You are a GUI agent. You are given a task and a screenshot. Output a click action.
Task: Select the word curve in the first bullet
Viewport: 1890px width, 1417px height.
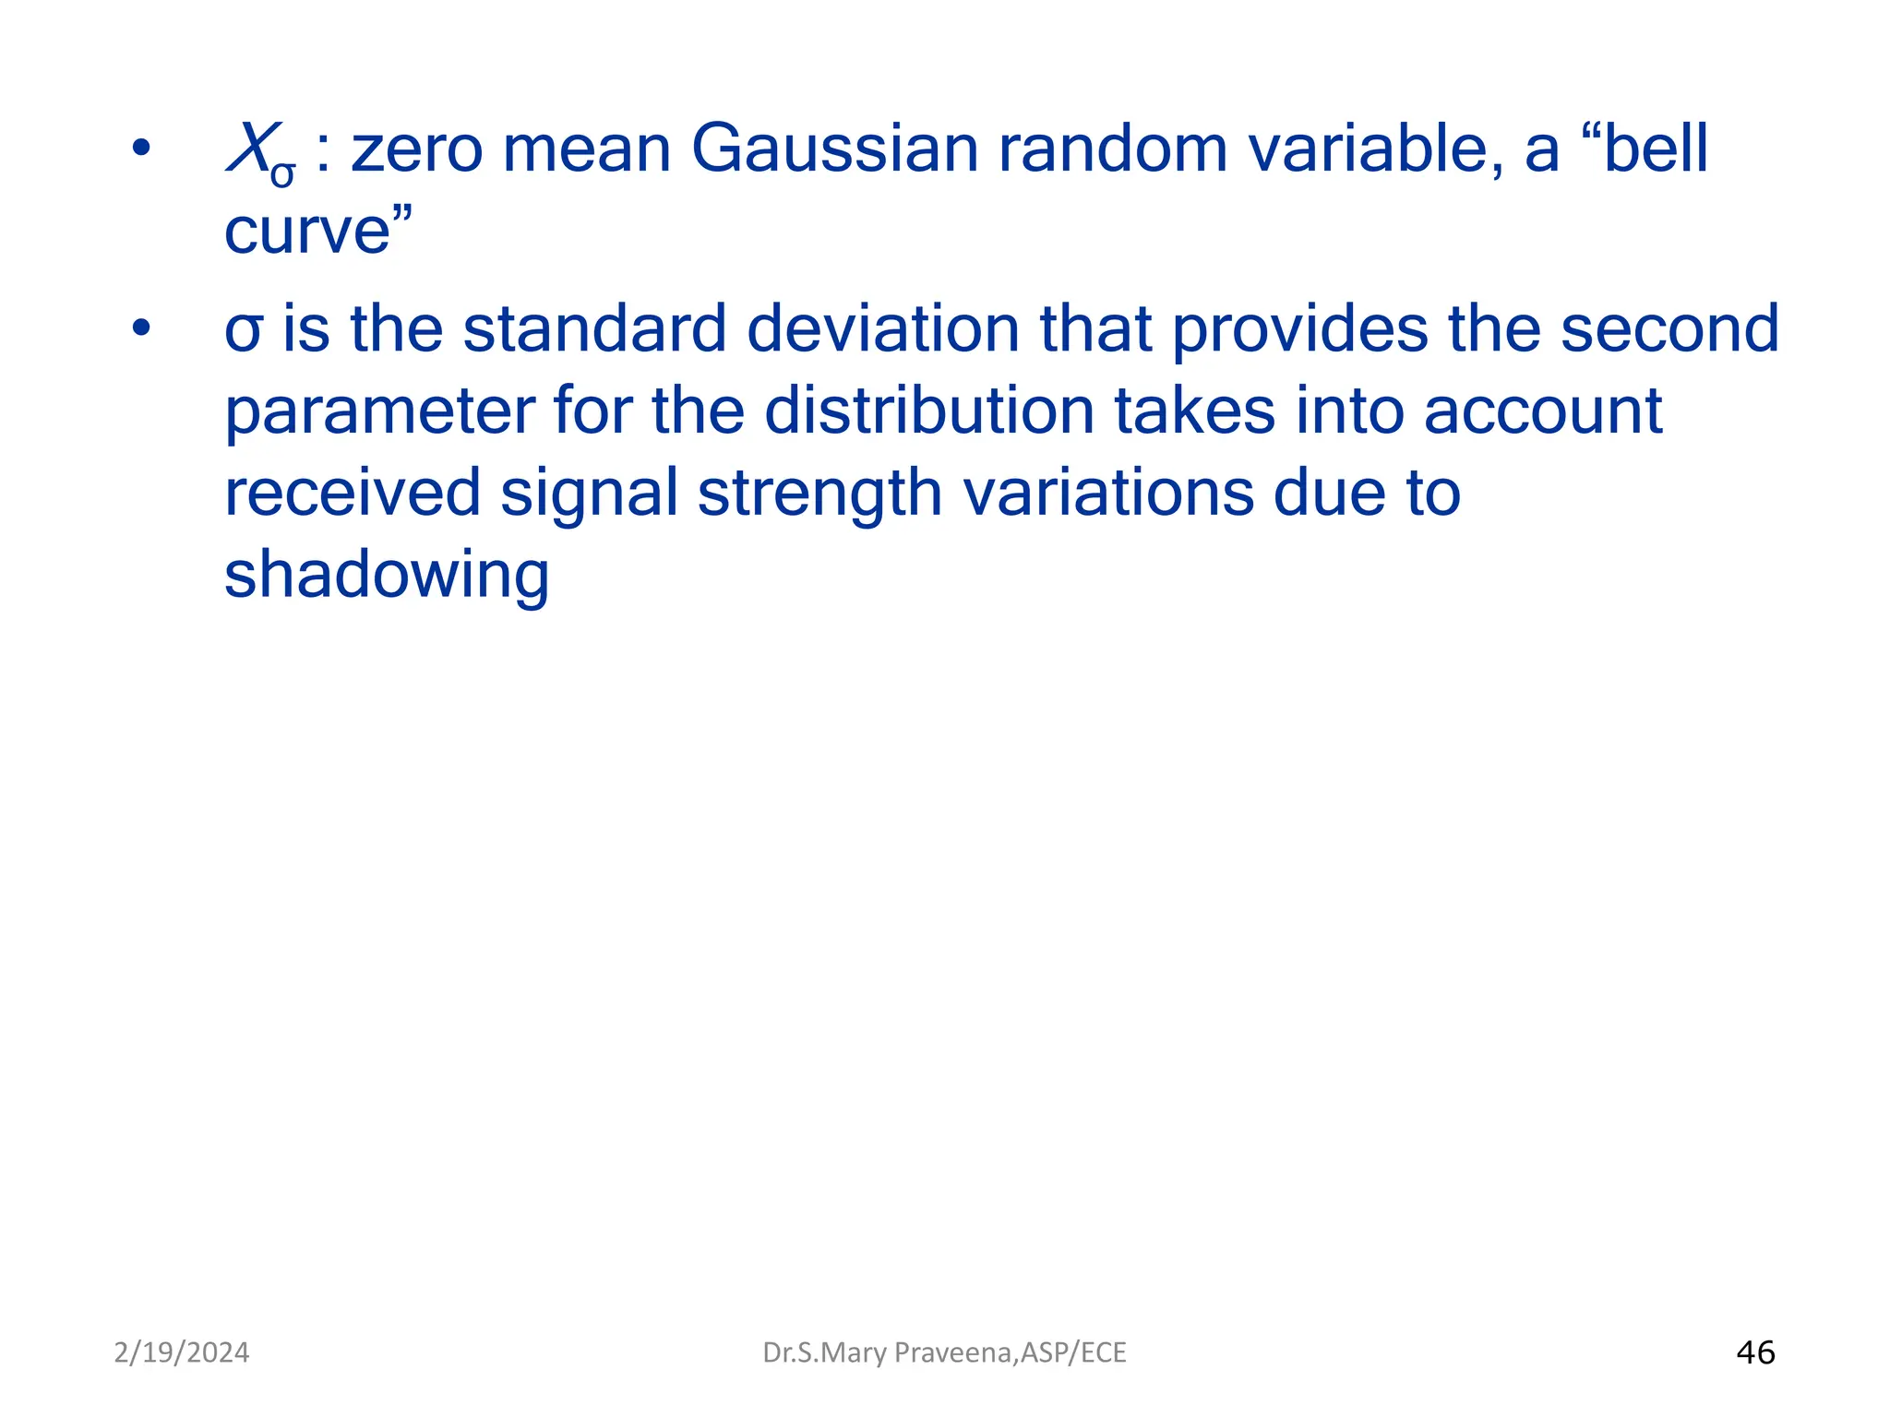coord(307,231)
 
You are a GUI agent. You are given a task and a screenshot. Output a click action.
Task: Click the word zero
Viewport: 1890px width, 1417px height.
coord(417,149)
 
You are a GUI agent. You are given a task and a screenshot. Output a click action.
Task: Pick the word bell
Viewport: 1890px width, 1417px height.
coord(1656,149)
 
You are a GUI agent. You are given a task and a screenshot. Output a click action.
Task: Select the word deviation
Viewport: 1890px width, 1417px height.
coord(883,329)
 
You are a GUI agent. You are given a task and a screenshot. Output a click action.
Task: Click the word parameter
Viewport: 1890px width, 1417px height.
coord(379,412)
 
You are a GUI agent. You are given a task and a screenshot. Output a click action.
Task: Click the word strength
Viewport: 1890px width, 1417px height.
coord(819,494)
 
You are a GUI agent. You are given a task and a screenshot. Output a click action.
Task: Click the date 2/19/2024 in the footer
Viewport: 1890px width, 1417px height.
coord(181,1352)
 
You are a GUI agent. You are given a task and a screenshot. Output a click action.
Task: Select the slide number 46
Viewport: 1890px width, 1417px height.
coord(1755,1352)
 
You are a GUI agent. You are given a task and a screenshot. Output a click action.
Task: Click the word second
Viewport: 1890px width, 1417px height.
coord(1669,329)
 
